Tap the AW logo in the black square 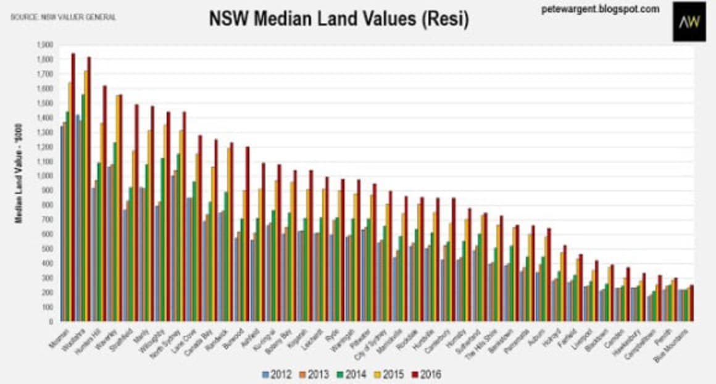coord(689,22)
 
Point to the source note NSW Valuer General coord(62,17)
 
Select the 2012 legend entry coord(276,374)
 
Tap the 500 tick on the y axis coord(48,249)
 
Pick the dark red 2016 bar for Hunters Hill coord(104,203)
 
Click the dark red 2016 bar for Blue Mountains coord(692,303)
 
